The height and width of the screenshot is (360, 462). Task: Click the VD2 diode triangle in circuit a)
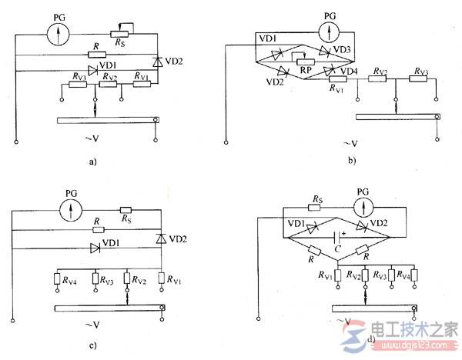[x=159, y=59]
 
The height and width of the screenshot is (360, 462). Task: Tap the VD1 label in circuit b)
[x=269, y=38]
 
